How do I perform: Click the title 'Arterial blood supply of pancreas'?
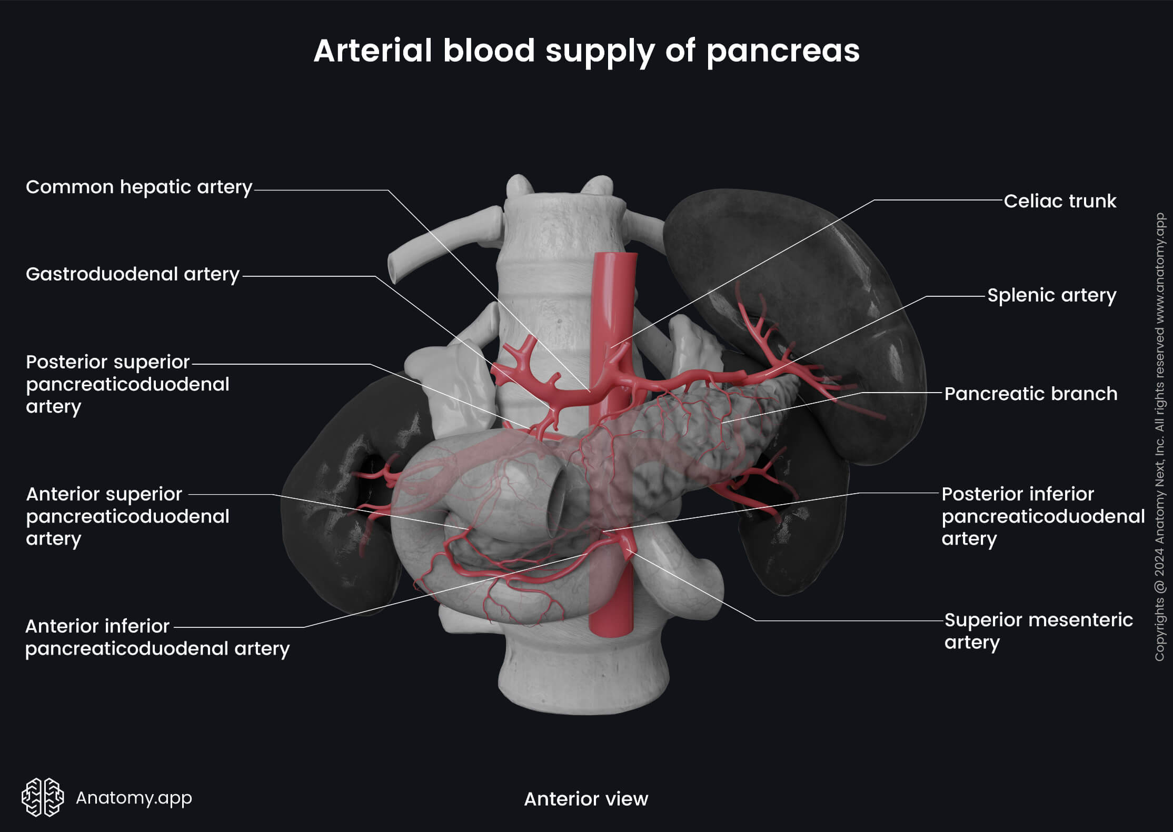586,51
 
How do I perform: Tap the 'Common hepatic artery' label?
139,187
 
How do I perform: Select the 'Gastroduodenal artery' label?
133,274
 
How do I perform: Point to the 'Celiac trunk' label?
1059,201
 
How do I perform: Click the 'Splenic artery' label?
1051,295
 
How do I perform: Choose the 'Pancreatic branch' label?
1030,394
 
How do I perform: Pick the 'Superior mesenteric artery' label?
1038,631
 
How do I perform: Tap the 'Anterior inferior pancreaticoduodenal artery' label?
157,637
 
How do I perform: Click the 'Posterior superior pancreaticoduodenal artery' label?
127,384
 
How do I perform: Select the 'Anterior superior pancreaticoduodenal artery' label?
127,516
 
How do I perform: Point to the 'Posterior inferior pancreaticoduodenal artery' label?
1042,516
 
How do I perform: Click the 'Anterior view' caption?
586,799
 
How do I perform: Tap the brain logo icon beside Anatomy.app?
43,797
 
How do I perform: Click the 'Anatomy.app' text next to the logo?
134,798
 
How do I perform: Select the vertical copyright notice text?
1159,437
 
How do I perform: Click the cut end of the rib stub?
394,268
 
